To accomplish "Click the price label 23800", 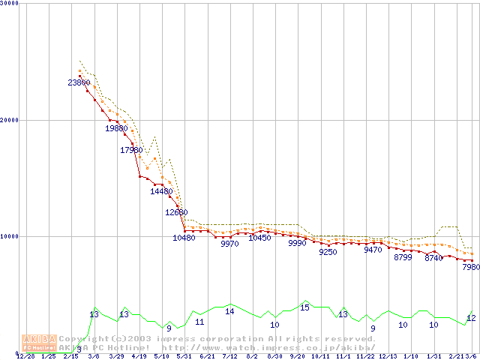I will click(x=79, y=82).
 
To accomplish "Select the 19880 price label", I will click(x=116, y=128).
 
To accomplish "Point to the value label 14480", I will click(x=161, y=191).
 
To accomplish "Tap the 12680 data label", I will click(x=176, y=212).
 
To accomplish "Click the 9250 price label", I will click(x=328, y=252).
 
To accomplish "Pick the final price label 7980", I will click(x=470, y=267).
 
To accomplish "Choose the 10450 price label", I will click(x=259, y=238).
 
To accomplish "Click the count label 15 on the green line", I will click(x=304, y=307).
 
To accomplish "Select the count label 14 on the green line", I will click(x=229, y=311).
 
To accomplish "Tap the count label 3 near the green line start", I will click(x=79, y=349).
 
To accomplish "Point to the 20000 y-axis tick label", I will click(x=9, y=119).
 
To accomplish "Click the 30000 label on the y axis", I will click(x=9, y=3).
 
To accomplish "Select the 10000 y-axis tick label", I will click(x=9, y=236).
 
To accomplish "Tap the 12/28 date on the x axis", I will click(x=25, y=356).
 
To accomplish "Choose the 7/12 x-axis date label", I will click(x=229, y=356).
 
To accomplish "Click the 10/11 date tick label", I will click(x=320, y=356).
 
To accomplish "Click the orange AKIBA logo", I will click(x=39, y=342).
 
